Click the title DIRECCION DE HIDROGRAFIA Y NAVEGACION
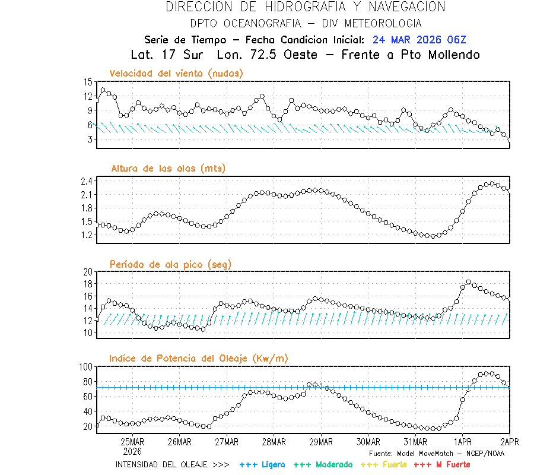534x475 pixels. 305,7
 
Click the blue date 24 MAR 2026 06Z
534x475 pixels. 419,40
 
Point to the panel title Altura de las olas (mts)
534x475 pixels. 168,169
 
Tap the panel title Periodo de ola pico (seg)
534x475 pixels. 170,264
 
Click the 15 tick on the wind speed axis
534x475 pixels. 88,82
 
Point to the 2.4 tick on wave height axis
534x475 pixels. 87,181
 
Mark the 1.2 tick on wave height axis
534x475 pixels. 87,235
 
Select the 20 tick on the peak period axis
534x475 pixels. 88,272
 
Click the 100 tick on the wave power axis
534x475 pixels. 86,367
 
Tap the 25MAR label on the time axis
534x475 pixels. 132,442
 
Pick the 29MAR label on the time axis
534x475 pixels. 321,442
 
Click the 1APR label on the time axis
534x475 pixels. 463,442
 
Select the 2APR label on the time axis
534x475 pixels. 509,442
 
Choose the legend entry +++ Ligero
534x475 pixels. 262,464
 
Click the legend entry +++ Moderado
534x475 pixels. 323,464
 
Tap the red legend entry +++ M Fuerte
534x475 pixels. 442,464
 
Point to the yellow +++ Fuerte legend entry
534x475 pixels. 383,464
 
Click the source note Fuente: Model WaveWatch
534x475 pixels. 436,453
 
